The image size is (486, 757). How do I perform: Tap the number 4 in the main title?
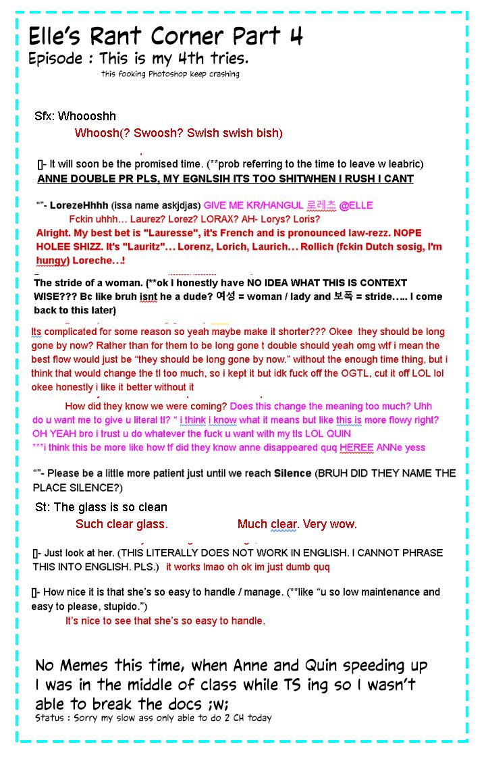(x=295, y=35)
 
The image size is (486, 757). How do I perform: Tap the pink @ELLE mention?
(x=356, y=205)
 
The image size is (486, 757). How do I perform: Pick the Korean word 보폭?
(x=346, y=296)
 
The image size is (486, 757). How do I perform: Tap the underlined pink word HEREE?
(x=356, y=447)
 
